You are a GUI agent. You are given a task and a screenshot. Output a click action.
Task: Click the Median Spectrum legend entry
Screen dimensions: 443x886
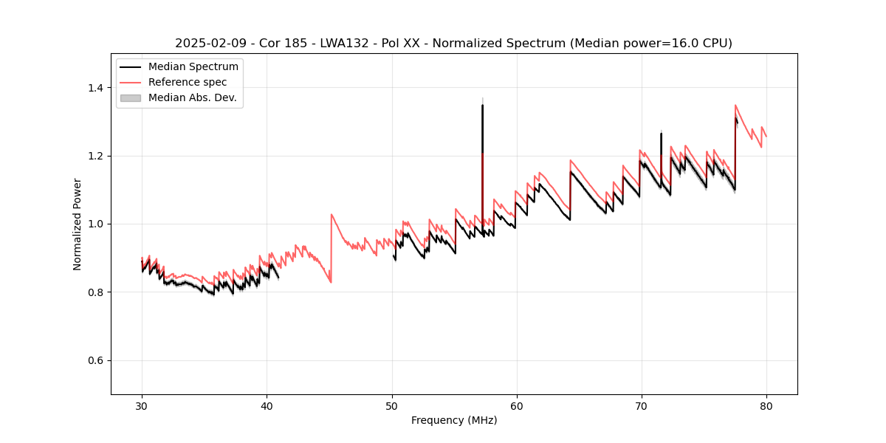click(193, 67)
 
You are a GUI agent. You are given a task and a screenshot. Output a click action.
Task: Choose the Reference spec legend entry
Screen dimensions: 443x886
click(188, 82)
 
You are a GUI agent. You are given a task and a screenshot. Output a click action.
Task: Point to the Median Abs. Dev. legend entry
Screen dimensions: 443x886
click(192, 97)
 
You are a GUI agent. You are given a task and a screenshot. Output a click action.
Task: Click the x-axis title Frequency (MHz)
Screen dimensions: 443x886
click(454, 420)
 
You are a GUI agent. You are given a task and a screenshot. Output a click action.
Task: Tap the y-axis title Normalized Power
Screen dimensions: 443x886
click(78, 224)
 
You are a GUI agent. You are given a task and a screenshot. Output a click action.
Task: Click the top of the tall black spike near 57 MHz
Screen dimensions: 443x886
click(482, 105)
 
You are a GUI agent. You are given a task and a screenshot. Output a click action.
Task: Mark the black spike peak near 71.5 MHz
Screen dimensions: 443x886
click(661, 134)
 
